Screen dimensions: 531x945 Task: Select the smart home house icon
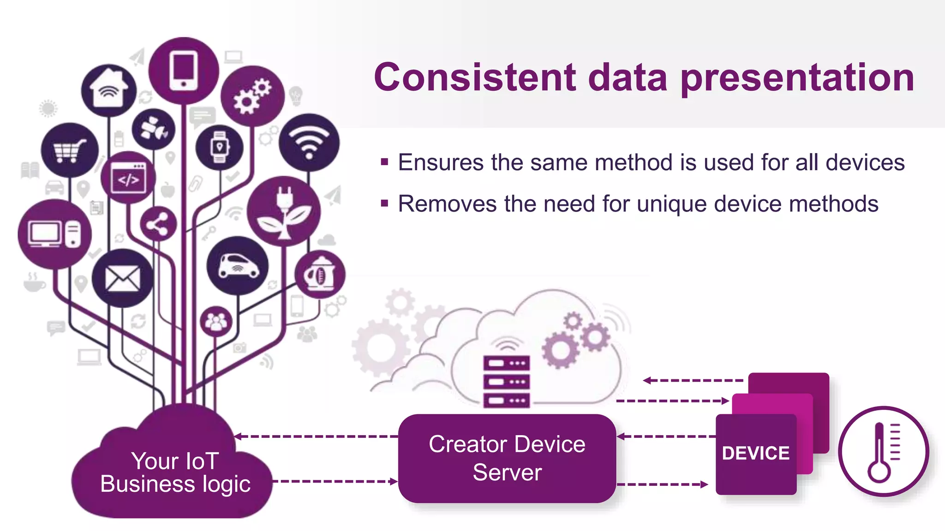(x=109, y=89)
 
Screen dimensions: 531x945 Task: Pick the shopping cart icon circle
(x=70, y=150)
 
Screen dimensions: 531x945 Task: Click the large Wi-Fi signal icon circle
(x=309, y=142)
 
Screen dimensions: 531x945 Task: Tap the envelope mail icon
(x=122, y=279)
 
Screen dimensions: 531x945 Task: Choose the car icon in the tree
(x=238, y=266)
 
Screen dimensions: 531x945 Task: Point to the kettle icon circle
(x=320, y=275)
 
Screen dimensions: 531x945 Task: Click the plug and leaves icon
(x=284, y=211)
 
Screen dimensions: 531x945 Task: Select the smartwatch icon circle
(x=220, y=147)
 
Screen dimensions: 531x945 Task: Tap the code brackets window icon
(x=128, y=178)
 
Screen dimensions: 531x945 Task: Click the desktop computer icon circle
(x=54, y=234)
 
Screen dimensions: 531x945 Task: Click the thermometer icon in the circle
(x=883, y=451)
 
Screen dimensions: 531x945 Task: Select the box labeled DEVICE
(x=756, y=454)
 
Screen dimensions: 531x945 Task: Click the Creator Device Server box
(x=507, y=458)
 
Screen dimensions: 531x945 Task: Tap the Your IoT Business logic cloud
(x=175, y=472)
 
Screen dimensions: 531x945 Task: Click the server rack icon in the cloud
(x=506, y=381)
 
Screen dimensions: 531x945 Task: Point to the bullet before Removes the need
(x=384, y=203)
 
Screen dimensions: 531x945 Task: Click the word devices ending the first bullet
(x=865, y=163)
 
